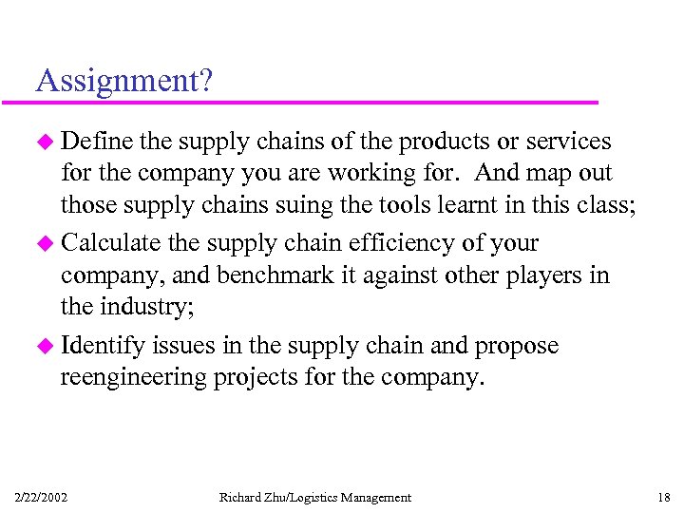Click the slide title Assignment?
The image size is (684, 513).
click(123, 81)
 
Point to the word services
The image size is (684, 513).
click(567, 142)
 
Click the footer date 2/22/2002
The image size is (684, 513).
click(41, 497)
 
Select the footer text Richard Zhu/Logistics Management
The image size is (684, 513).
click(315, 497)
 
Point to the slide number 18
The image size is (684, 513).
click(662, 497)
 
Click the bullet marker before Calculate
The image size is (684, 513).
click(46, 244)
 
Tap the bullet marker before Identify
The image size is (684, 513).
click(46, 347)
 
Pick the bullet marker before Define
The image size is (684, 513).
click(46, 142)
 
